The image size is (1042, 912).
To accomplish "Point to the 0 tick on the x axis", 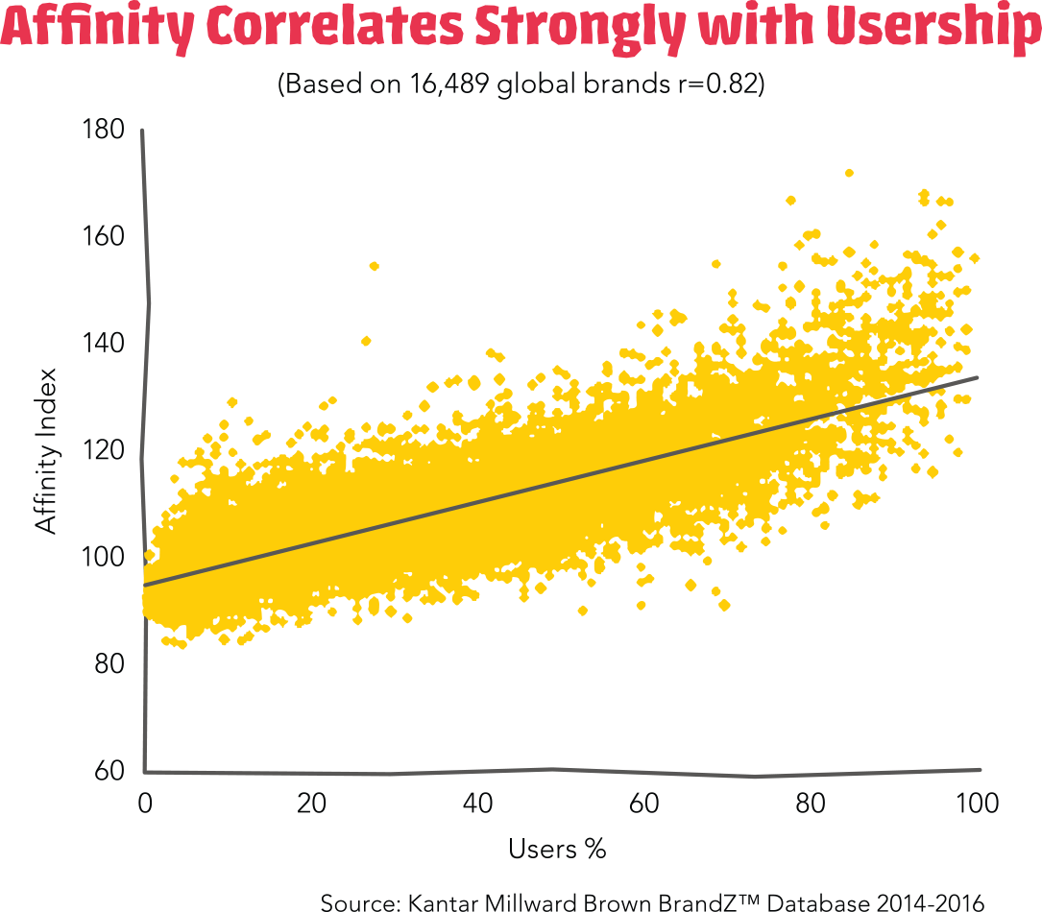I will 145,804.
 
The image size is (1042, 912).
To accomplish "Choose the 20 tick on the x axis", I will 311,804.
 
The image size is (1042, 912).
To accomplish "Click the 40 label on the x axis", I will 478,804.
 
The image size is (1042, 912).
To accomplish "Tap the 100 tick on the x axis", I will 978,804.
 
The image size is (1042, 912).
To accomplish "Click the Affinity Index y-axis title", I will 45,450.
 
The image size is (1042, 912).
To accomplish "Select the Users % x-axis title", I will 557,850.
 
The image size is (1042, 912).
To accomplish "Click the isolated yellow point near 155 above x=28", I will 375,266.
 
